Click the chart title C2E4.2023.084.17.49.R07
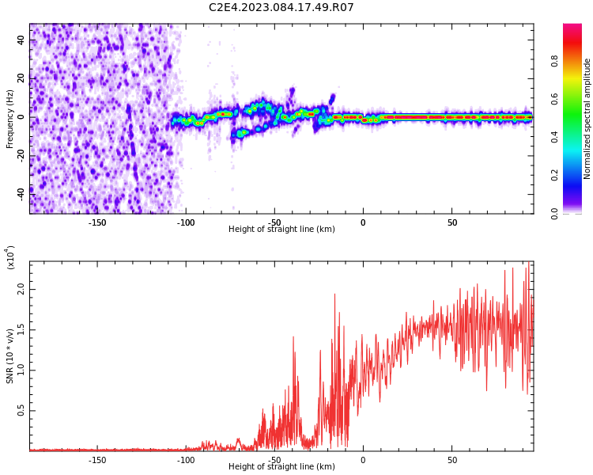point(281,8)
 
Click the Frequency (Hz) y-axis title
point(10,118)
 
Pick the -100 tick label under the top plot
point(185,222)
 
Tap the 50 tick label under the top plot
point(451,222)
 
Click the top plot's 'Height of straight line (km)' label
point(281,230)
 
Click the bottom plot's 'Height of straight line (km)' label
point(281,467)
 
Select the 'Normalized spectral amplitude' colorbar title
point(587,118)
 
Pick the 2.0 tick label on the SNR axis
point(22,290)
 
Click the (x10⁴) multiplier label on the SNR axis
point(11,256)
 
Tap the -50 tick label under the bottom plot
point(274,460)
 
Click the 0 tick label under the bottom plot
point(363,460)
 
